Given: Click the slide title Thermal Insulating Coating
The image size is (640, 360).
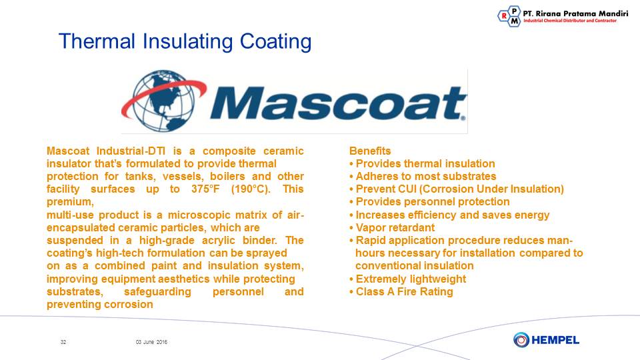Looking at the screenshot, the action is (185, 41).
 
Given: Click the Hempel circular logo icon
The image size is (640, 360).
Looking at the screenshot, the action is (521, 339).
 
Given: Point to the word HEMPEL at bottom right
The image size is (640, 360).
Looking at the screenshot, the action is (555, 340).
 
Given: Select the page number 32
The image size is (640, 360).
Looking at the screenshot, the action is (63, 342).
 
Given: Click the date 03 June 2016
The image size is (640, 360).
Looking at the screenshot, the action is (151, 342).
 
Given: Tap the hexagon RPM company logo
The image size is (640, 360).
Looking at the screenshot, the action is (509, 16).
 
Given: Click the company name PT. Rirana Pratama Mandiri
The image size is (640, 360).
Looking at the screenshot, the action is (575, 13).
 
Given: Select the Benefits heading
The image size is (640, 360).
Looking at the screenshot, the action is (370, 151).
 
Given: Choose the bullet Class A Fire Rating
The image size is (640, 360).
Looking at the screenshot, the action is (401, 292).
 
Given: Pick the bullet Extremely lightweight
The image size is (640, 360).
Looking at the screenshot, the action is (408, 279).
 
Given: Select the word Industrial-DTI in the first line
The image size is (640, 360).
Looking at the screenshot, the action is (131, 151).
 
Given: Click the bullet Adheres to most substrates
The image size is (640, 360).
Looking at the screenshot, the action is (423, 176).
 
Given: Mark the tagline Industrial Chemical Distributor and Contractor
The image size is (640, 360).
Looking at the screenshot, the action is (570, 21).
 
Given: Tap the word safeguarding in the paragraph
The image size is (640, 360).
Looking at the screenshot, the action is (157, 292).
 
